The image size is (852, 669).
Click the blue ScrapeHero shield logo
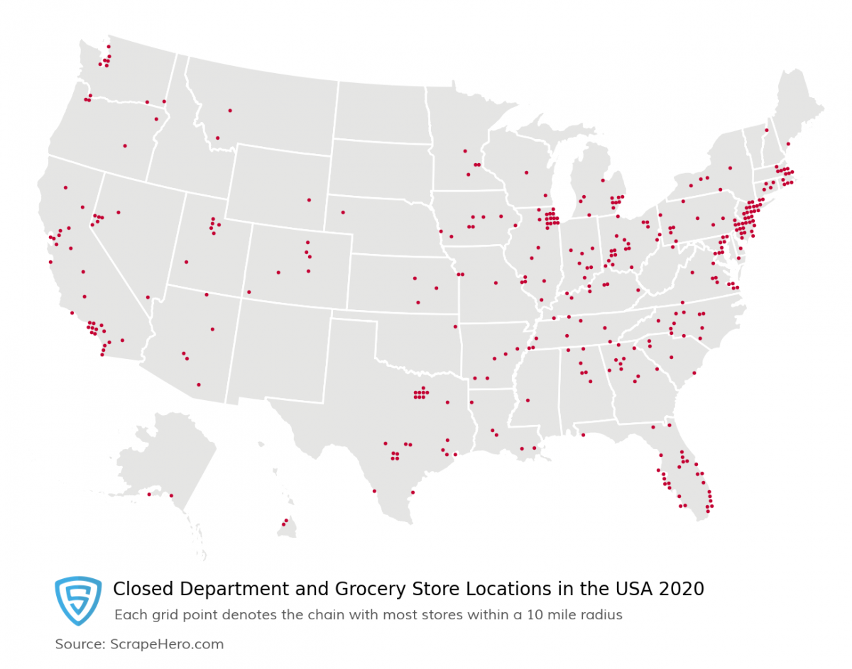(x=78, y=600)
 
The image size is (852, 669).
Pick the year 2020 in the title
(x=682, y=589)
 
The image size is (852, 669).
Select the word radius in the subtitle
(x=601, y=615)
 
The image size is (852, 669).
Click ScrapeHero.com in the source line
(x=167, y=644)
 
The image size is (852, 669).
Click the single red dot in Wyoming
(x=309, y=199)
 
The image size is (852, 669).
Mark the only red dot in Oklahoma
(x=455, y=326)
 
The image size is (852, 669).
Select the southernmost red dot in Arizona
(x=199, y=385)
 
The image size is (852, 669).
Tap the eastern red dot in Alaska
(x=171, y=495)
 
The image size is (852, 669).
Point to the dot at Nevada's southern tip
(x=148, y=297)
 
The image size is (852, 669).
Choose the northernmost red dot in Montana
(x=230, y=110)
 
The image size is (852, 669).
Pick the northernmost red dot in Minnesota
(x=465, y=150)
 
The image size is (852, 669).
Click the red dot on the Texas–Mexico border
(x=374, y=491)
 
